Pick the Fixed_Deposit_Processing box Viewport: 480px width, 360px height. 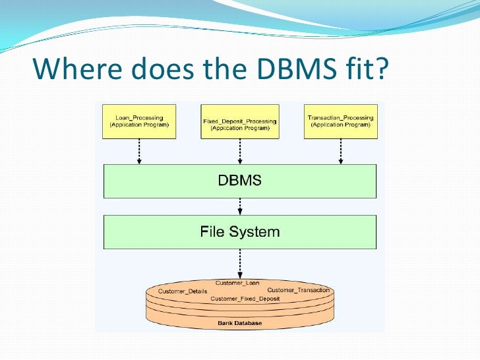239,121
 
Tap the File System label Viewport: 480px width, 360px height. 240,232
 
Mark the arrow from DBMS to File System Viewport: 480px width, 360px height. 240,206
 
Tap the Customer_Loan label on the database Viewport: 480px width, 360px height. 237,283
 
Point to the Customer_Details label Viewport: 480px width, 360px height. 183,291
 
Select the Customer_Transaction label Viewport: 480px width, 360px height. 298,290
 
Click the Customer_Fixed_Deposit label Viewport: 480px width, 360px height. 245,299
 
